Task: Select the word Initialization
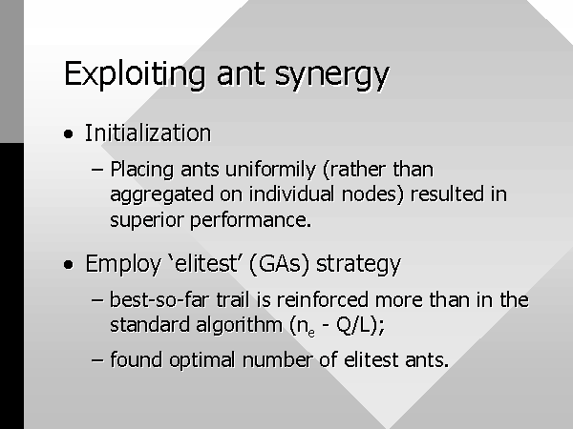coord(148,133)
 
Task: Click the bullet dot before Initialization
coord(68,133)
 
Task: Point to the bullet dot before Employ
coord(68,264)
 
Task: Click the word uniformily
coord(270,170)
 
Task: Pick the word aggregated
coord(162,195)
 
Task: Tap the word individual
coord(291,194)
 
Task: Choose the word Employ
coord(123,264)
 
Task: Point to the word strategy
coord(358,264)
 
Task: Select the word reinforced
coord(323,300)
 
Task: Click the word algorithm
coord(240,325)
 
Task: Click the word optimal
coord(202,359)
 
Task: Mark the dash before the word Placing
coord(96,170)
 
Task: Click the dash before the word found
coord(96,359)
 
